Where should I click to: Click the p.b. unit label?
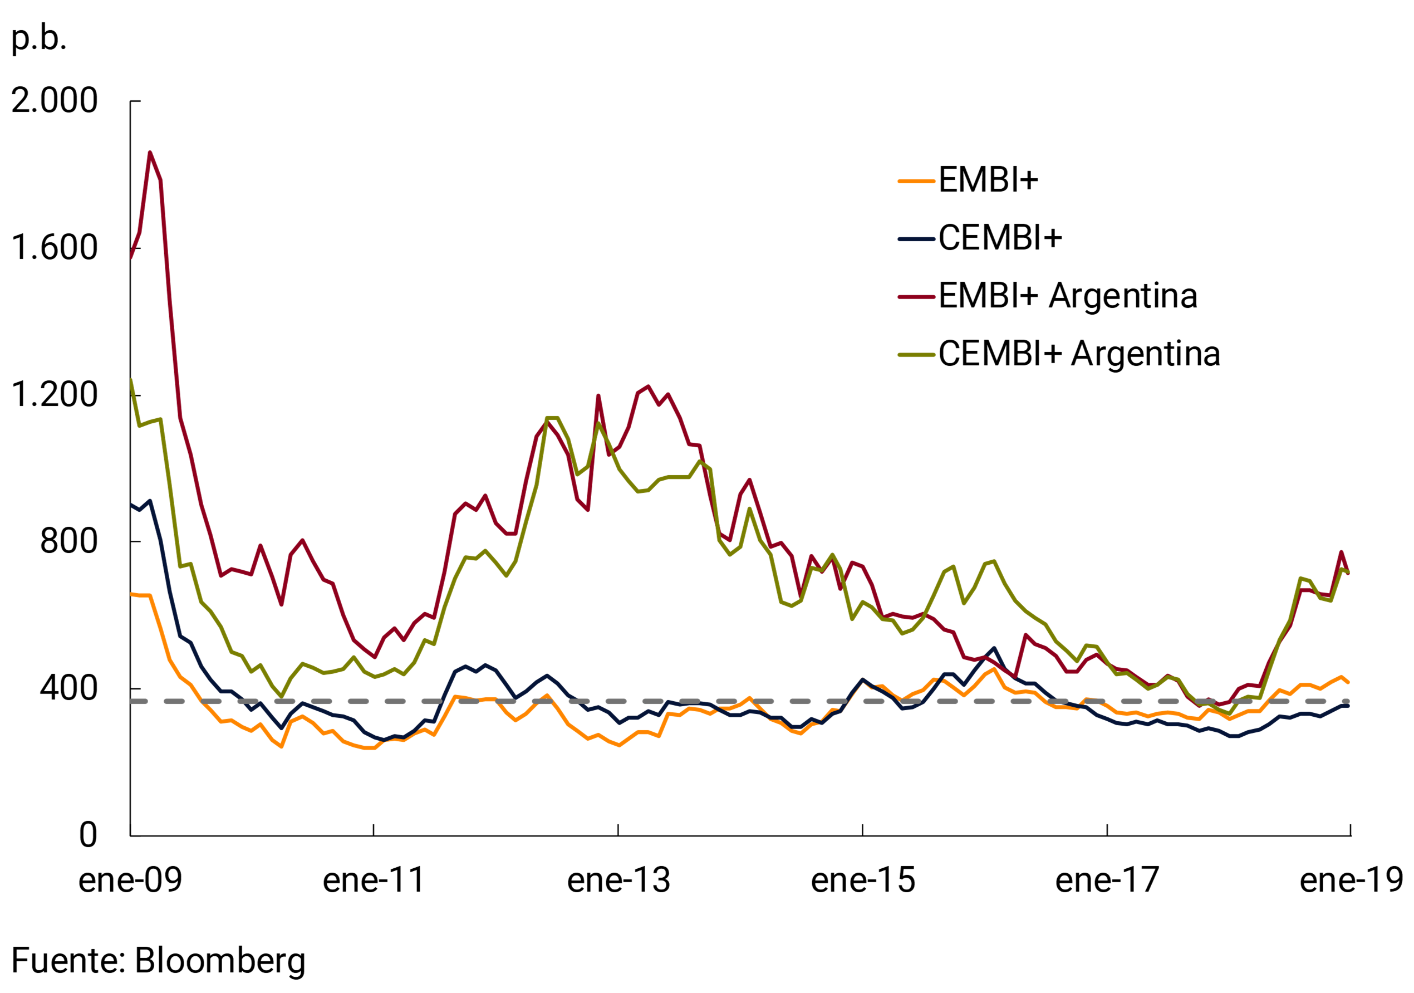point(39,39)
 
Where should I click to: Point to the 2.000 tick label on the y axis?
point(54,100)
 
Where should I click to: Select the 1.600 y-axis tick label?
point(54,248)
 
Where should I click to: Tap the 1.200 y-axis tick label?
point(54,395)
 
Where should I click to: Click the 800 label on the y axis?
point(68,541)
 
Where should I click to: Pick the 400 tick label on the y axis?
point(68,688)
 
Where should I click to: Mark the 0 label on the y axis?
point(88,835)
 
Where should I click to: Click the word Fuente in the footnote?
point(68,960)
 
